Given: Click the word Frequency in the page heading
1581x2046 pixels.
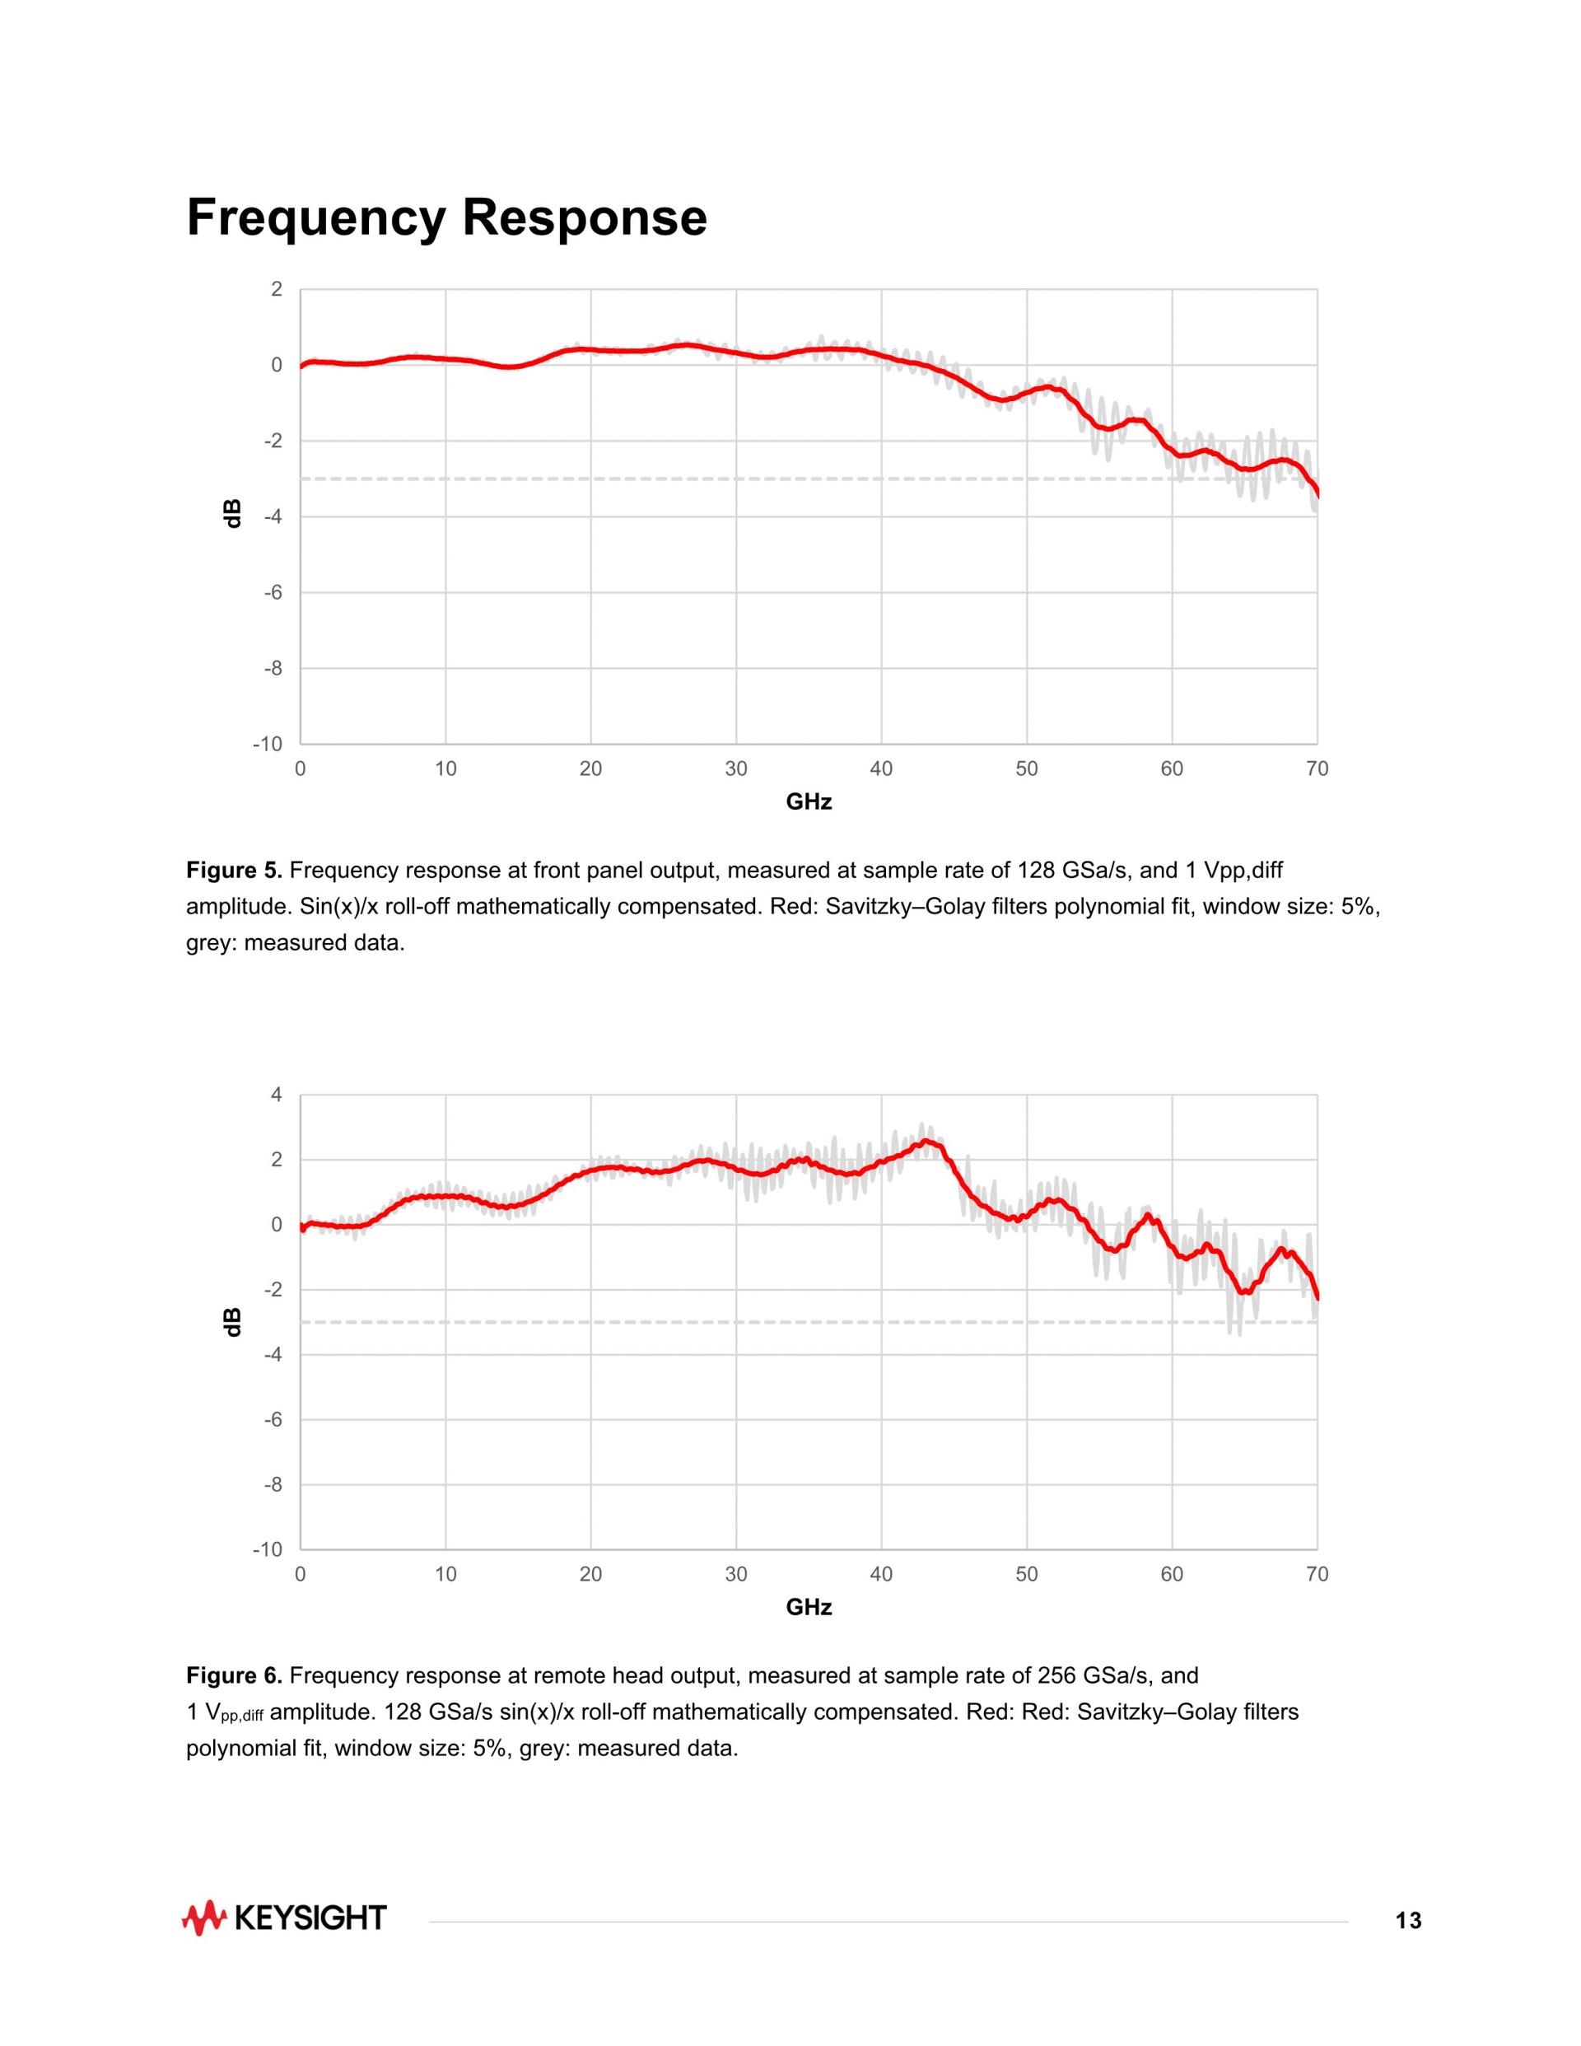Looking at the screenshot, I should tap(315, 218).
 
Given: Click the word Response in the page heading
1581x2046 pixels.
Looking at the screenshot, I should tap(584, 217).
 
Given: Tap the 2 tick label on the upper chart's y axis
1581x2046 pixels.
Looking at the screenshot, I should tap(277, 289).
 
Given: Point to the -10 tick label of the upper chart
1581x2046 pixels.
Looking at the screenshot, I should tap(268, 744).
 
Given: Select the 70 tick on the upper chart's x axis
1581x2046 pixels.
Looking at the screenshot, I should tap(1317, 769).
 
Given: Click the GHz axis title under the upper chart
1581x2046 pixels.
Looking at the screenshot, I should tap(809, 802).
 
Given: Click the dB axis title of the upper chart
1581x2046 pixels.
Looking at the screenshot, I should tap(233, 513).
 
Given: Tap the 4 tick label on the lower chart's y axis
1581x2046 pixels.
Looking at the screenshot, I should tap(277, 1094).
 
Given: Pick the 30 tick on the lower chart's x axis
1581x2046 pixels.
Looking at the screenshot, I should tap(735, 1574).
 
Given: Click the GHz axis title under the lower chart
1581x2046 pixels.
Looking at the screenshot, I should tap(809, 1608).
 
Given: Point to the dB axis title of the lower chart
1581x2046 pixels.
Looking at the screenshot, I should tap(233, 1322).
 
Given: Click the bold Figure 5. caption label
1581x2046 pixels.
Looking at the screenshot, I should tap(234, 871).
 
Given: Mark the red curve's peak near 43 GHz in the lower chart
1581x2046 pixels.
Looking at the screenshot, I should tap(926, 1141).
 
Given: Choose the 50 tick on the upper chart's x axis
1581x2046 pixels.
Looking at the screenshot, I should tap(1027, 769).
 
